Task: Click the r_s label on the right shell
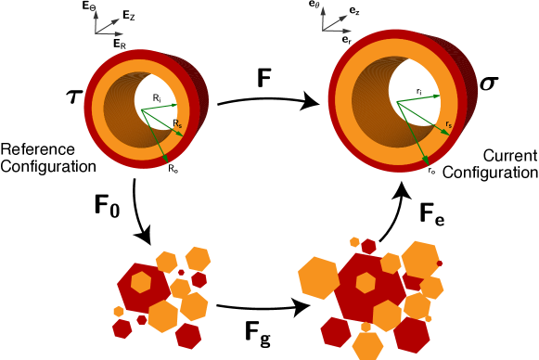tap(448, 123)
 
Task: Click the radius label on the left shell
tap(177, 123)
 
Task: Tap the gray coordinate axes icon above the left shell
tap(105, 26)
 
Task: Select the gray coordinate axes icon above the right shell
tap(332, 22)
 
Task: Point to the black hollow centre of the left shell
tap(155, 96)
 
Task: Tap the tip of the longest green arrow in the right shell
tap(428, 164)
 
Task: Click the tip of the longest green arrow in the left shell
tap(168, 162)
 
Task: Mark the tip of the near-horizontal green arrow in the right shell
tap(440, 95)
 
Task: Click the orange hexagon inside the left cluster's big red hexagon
tap(141, 282)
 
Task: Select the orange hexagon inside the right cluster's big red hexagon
tap(366, 283)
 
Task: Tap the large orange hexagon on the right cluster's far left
tap(318, 278)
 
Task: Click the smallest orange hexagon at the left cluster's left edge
tap(119, 311)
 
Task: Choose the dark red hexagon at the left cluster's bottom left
tap(122, 328)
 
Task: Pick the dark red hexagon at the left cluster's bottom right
tap(188, 335)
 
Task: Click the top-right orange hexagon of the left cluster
tap(198, 259)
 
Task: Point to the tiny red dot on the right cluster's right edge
tap(440, 264)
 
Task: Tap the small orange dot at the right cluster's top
tap(354, 242)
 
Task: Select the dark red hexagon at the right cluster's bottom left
tap(335, 331)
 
